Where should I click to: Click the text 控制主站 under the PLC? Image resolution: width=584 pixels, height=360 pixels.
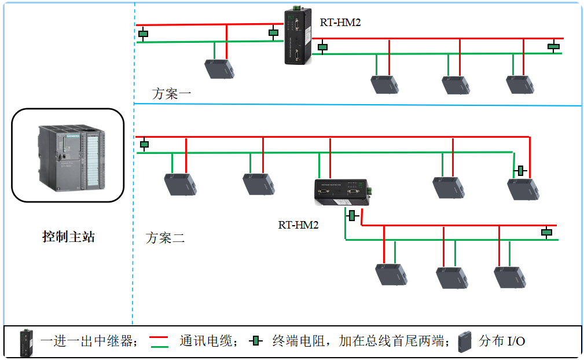coord(68,237)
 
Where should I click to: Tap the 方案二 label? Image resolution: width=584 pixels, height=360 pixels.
coord(166,237)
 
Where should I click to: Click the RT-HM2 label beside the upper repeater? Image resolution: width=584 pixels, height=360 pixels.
coord(340,23)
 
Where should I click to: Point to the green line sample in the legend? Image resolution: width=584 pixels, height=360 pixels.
coord(159,346)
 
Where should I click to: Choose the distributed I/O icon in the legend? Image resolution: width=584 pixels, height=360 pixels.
coord(465,341)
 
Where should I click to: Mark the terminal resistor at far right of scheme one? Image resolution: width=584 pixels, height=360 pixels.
coord(554,46)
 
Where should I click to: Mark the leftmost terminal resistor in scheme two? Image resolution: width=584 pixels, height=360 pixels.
coord(144,144)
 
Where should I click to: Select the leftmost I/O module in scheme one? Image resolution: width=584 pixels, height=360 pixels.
coord(220,69)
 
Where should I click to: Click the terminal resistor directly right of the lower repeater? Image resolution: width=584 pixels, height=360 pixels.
coord(352,216)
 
